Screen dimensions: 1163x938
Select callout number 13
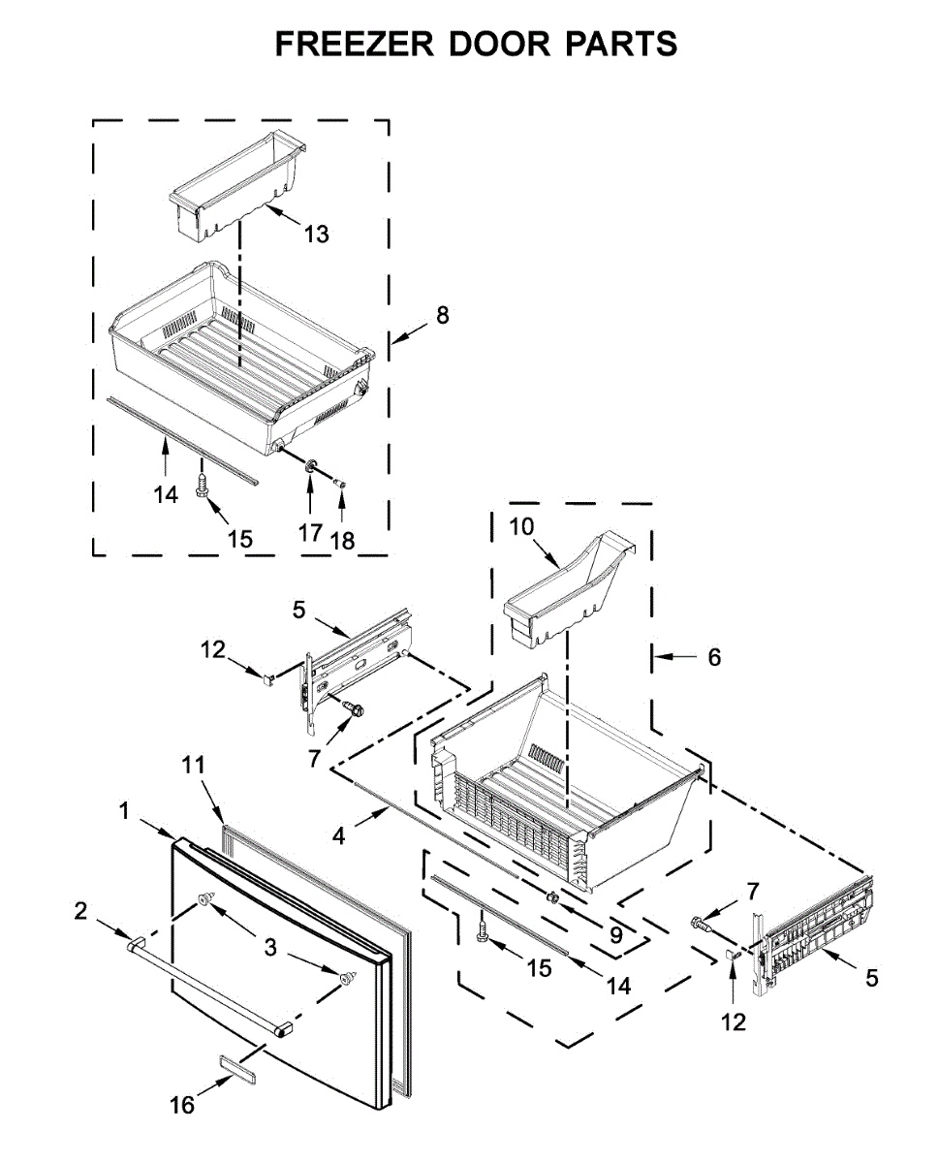[316, 234]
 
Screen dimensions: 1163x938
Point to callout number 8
[442, 315]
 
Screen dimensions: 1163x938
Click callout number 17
[310, 532]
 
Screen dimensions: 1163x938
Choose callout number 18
[343, 541]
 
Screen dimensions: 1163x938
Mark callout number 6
[714, 657]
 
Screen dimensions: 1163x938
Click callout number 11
[194, 765]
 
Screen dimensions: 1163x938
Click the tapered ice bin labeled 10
[567, 591]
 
